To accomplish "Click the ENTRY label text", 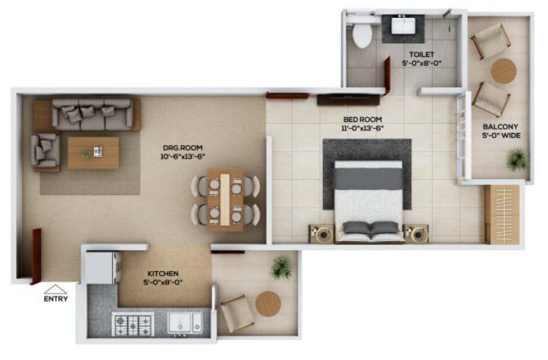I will coord(55,299).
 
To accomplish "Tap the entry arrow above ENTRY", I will coord(55,289).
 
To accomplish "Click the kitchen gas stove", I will coord(133,323).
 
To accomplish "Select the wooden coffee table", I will coord(93,152).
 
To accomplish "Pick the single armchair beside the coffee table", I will coord(45,151).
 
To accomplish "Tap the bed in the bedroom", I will coord(368,200).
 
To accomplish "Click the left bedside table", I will coord(322,233).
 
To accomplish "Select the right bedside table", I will coord(415,233).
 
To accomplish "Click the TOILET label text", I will coord(421,55).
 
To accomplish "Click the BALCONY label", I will coord(501,126).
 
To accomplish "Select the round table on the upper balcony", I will coord(504,71).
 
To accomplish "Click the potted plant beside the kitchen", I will coord(281,267).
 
